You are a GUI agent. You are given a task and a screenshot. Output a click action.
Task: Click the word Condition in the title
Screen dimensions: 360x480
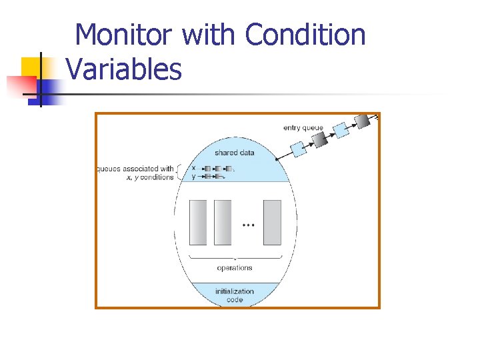click(x=305, y=35)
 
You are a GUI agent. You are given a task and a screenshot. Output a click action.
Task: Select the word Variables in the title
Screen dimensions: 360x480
click(x=124, y=69)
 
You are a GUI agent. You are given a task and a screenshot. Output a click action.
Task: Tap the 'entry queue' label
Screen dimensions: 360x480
click(x=303, y=128)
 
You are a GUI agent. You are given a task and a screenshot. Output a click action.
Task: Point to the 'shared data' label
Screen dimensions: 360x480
click(x=234, y=153)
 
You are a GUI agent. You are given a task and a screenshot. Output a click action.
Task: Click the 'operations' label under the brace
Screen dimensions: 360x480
click(x=235, y=268)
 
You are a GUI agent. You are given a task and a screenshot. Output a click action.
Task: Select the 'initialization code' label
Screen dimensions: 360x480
click(x=234, y=295)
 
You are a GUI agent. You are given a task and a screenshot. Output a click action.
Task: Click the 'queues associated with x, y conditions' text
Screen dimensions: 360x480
click(x=135, y=173)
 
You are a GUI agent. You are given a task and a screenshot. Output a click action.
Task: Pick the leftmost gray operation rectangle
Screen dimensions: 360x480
click(x=199, y=222)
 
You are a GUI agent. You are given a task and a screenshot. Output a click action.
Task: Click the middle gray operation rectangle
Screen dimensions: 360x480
click(x=222, y=222)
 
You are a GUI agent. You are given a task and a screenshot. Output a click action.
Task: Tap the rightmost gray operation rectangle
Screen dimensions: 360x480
click(x=272, y=222)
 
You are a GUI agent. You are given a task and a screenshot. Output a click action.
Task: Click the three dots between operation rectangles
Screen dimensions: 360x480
click(x=247, y=226)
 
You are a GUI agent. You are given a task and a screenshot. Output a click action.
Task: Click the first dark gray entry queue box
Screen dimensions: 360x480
click(x=320, y=139)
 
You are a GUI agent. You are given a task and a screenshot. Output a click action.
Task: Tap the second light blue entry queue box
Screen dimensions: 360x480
click(x=341, y=130)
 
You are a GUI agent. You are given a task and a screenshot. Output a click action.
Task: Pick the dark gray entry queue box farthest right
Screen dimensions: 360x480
click(x=362, y=121)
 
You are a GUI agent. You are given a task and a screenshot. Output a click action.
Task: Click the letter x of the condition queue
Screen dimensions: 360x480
click(x=193, y=168)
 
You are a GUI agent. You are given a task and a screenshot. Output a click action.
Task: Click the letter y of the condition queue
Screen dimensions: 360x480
click(x=193, y=177)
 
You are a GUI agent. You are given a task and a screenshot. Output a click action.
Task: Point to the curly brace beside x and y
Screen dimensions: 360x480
click(x=179, y=172)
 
